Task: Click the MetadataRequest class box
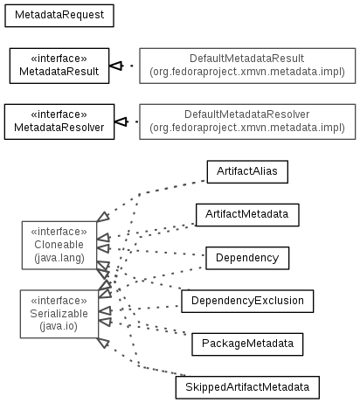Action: point(59,16)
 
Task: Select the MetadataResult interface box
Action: point(59,66)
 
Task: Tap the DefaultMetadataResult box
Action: point(247,66)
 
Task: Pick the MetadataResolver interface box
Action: point(59,122)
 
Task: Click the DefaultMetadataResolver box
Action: point(247,122)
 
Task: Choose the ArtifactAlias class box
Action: point(247,171)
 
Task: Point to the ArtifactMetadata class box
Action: point(247,215)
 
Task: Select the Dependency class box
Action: point(247,258)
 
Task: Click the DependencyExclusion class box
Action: point(247,301)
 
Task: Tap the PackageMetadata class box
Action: point(247,344)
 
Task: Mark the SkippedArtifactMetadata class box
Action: point(247,387)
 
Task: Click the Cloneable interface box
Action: point(59,245)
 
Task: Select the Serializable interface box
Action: point(59,314)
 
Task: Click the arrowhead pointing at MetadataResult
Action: point(115,66)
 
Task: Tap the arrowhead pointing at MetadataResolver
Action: point(121,122)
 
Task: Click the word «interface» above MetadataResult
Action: point(59,59)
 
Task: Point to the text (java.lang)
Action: point(59,258)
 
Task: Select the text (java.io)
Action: point(59,326)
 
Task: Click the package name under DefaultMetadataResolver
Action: point(247,128)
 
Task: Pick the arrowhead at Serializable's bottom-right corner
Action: point(103,343)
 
